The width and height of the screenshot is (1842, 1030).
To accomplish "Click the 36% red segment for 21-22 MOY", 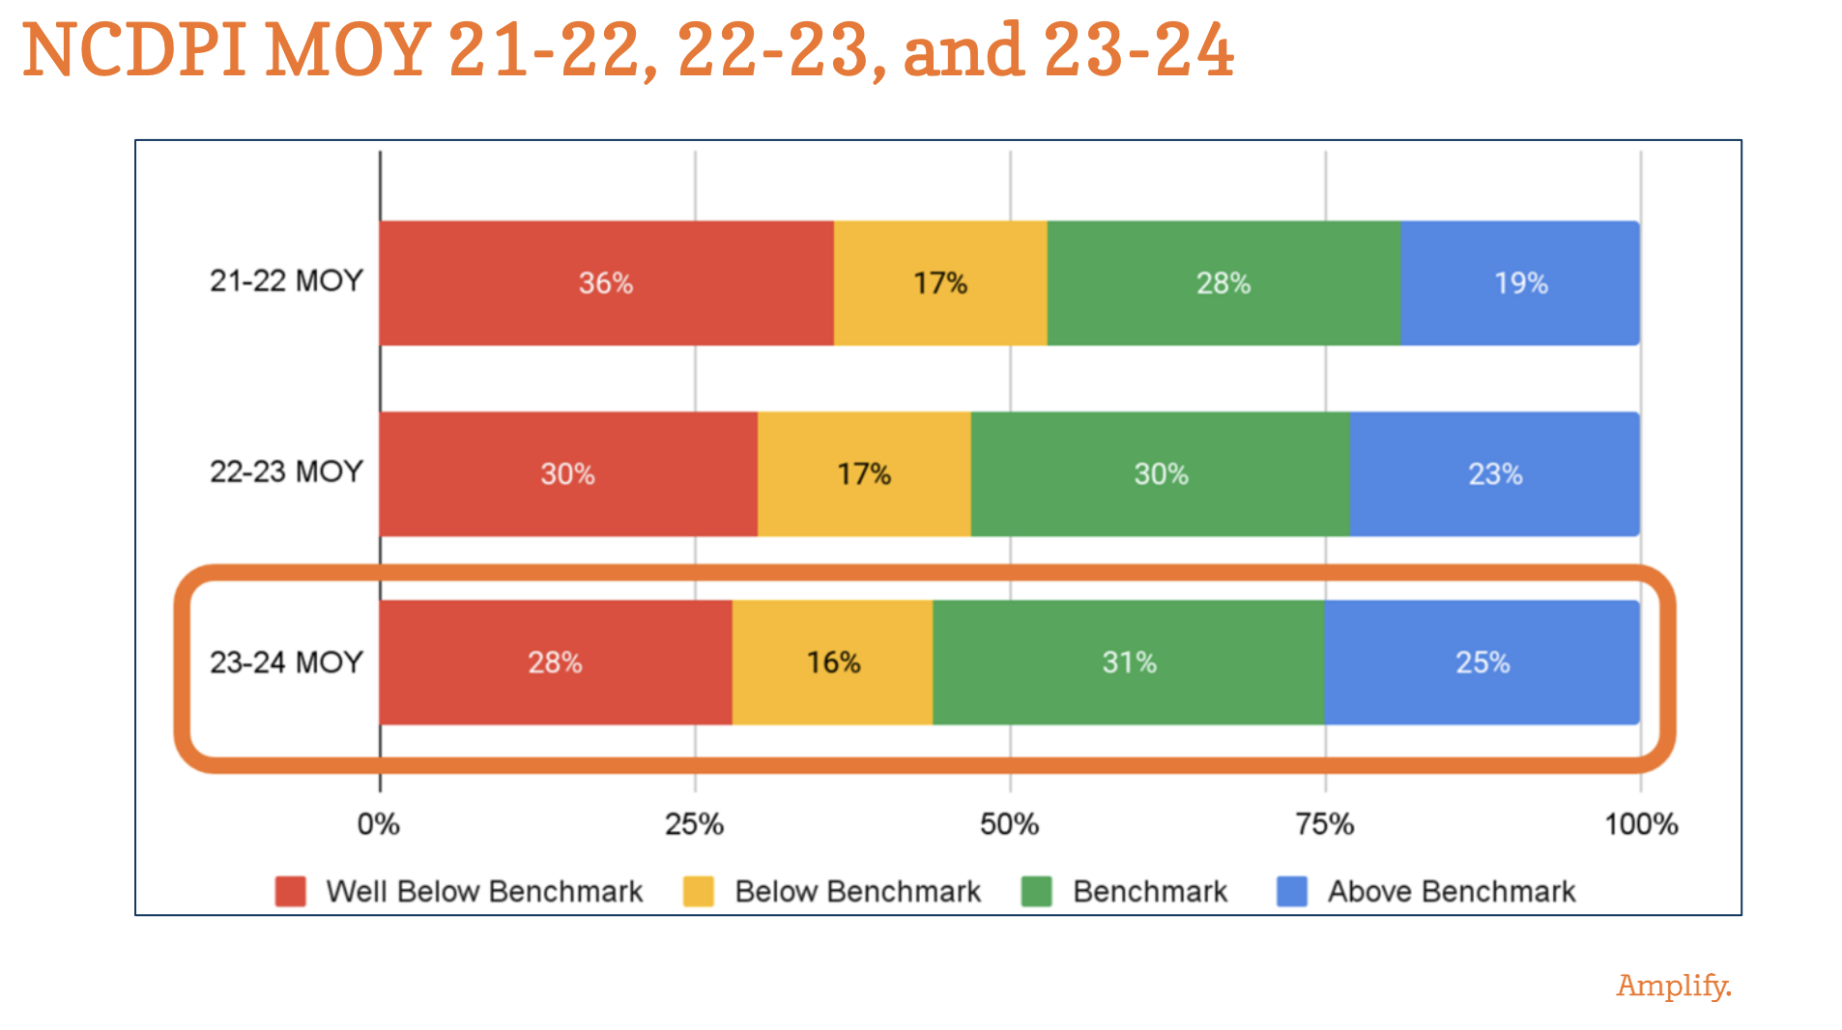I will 606,283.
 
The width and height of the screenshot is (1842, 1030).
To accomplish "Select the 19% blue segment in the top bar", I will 1520,283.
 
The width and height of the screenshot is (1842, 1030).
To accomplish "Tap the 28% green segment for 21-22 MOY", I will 1223,283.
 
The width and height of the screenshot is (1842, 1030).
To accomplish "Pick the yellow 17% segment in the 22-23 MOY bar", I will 863,474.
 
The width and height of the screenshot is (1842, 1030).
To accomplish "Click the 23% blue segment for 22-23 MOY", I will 1494,474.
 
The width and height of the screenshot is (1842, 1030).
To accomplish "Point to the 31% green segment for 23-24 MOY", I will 1128,663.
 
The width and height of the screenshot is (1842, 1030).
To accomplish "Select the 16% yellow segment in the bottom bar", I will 832,663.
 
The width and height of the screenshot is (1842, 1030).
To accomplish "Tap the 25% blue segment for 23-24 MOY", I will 1482,663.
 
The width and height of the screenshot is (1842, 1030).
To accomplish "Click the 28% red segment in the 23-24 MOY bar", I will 555,663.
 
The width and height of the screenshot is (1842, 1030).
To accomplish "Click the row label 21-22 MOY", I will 286,281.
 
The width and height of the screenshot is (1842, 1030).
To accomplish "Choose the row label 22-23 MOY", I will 286,472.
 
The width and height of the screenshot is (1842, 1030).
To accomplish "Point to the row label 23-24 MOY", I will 286,663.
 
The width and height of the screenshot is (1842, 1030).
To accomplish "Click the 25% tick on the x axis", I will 694,824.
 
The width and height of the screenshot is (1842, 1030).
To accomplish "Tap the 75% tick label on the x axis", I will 1324,824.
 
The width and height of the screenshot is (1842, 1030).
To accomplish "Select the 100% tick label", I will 1640,824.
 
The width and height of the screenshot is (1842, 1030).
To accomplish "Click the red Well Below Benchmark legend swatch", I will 290,891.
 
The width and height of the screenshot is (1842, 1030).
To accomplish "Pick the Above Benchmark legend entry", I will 1450,891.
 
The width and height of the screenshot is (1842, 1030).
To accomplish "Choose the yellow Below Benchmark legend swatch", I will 698,891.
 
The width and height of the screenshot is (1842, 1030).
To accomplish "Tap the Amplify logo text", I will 1673,986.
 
